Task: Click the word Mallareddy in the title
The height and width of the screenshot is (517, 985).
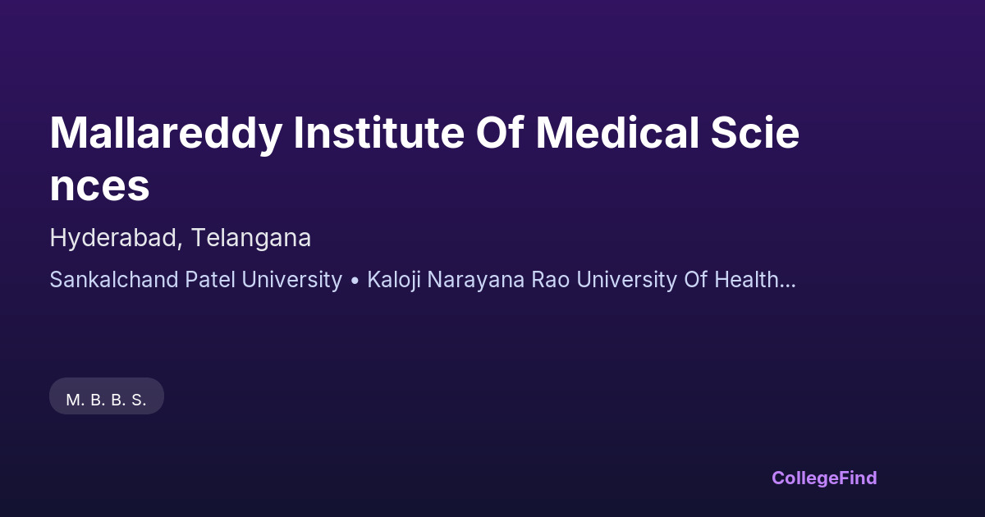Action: pyautogui.click(x=166, y=134)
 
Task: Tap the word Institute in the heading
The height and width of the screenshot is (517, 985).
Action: pyautogui.click(x=378, y=133)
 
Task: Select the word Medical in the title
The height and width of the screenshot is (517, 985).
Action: pyautogui.click(x=617, y=133)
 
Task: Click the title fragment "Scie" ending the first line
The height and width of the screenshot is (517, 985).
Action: pyautogui.click(x=754, y=133)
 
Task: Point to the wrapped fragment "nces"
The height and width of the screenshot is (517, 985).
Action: pyautogui.click(x=100, y=186)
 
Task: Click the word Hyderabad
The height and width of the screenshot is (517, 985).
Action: pyautogui.click(x=113, y=239)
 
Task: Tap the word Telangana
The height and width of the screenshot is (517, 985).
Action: pyautogui.click(x=251, y=238)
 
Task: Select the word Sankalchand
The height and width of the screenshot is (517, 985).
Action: pyautogui.click(x=114, y=280)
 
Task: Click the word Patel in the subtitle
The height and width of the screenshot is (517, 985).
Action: pyautogui.click(x=210, y=280)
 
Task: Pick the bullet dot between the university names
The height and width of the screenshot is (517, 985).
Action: pyautogui.click(x=355, y=281)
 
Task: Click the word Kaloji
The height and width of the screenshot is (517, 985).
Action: pyautogui.click(x=394, y=280)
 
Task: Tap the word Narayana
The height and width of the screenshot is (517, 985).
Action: pyautogui.click(x=476, y=280)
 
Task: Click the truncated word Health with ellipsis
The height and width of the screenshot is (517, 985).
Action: pyautogui.click(x=755, y=280)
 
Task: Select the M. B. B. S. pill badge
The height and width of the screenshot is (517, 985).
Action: pyautogui.click(x=107, y=396)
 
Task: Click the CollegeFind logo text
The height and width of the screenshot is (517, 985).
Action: pyautogui.click(x=824, y=478)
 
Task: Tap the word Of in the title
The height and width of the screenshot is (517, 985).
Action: pyautogui.click(x=500, y=133)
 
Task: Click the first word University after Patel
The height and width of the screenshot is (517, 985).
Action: pyautogui.click(x=292, y=280)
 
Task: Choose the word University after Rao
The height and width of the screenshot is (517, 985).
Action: pyautogui.click(x=626, y=280)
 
